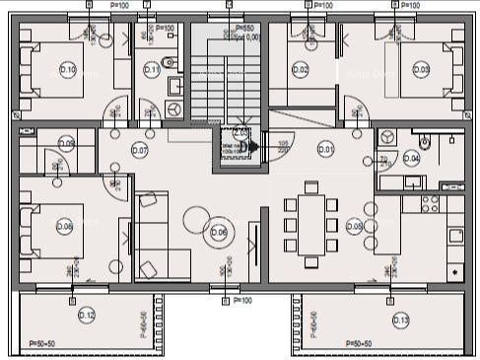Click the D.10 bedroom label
pos(68,70)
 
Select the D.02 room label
pos(301,69)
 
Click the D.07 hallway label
pos(139,151)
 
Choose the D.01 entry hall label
pos(326,149)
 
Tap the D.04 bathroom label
pos(412,158)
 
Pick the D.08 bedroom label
pos(65,226)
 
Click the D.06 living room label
pos(218,232)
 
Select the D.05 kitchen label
pos(355,226)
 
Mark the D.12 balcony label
pos(87,316)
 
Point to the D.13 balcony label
pos(400,319)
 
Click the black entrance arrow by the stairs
pos(252,149)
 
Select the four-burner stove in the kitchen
pos(431,204)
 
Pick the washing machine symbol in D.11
pos(174,106)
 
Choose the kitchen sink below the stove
pos(455,236)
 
